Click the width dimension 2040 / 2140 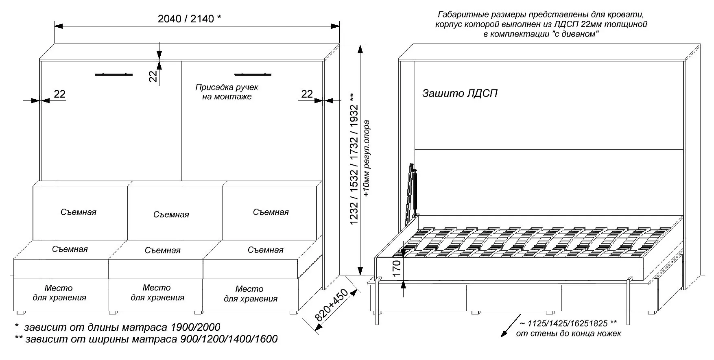pos(189,19)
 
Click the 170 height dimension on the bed pos(397,268)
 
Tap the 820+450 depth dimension pos(332,306)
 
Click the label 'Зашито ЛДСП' pos(460,94)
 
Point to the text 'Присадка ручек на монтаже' pos(227,92)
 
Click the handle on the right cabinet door pos(253,74)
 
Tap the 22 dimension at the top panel pos(153,76)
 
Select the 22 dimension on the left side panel pos(59,94)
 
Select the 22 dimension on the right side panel pos(307,94)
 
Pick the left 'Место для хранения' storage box pos(59,293)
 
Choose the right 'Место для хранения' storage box pos(251,294)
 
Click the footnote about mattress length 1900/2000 pos(118,327)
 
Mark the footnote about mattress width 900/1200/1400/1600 pos(146,339)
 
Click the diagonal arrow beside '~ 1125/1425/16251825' pos(510,325)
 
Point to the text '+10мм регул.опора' pos(367,159)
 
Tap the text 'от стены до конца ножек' pos(568,334)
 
